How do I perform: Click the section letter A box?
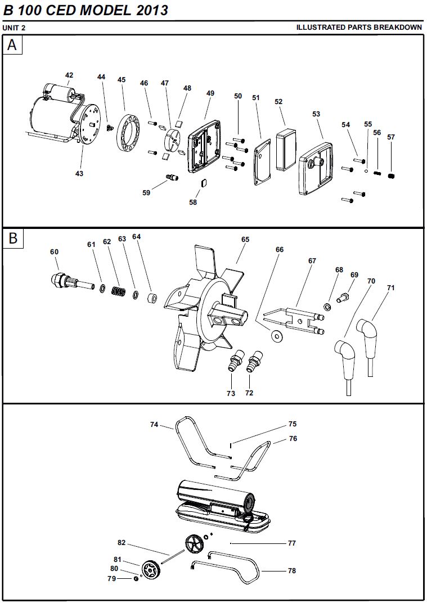pyautogui.click(x=13, y=45)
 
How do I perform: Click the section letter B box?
pyautogui.click(x=13, y=238)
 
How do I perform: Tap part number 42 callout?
pyautogui.click(x=69, y=75)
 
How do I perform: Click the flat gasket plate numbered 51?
pyautogui.click(x=262, y=160)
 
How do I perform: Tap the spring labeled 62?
pyautogui.click(x=118, y=291)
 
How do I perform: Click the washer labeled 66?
pyautogui.click(x=276, y=336)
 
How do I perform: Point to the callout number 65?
pyautogui.click(x=245, y=239)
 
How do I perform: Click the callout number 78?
pyautogui.click(x=291, y=570)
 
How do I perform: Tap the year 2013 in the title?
pyautogui.click(x=151, y=10)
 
